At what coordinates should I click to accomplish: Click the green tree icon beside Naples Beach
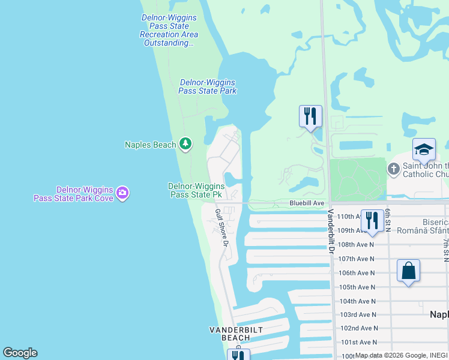(186, 143)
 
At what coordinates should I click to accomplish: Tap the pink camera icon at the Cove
(123, 193)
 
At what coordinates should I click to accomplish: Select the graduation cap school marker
(424, 150)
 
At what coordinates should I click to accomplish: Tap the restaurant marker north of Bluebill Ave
(310, 116)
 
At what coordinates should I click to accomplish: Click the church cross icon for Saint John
(393, 169)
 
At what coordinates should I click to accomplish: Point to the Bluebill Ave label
(307, 203)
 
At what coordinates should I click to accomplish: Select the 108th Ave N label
(356, 245)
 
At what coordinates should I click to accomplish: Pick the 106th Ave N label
(356, 273)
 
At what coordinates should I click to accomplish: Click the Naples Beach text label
(151, 144)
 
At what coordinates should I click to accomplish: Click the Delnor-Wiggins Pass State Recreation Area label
(169, 31)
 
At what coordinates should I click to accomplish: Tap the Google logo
(20, 353)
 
